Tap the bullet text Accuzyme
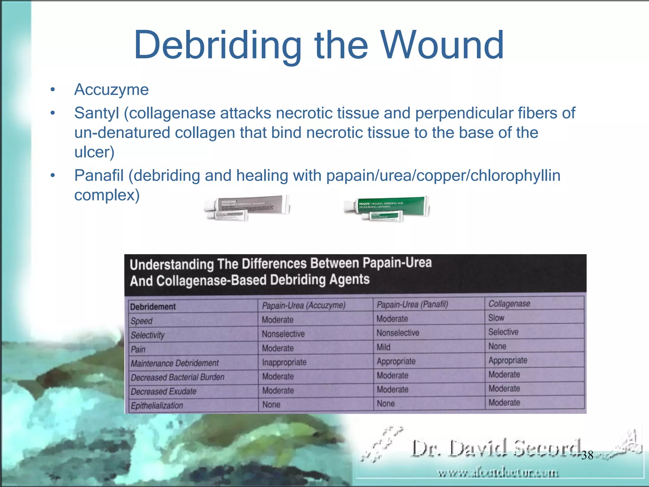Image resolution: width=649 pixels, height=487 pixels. [x=111, y=90]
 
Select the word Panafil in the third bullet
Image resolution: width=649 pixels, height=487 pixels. [x=99, y=176]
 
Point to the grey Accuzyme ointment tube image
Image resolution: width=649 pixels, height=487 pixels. [x=247, y=208]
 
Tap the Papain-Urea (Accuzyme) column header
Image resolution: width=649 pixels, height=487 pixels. [x=304, y=305]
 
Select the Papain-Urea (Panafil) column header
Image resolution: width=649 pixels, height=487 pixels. [x=412, y=305]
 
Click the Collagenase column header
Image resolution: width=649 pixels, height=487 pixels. [x=509, y=304]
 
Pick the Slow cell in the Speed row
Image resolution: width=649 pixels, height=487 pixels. [x=496, y=318]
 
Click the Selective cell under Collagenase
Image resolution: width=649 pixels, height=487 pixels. [x=503, y=332]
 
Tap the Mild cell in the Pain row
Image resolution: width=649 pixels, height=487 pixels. [x=383, y=347]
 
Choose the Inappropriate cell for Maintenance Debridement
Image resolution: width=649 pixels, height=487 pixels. [x=284, y=362]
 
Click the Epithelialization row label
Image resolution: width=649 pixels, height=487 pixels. [x=157, y=406]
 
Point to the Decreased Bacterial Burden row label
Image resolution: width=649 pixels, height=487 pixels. [x=177, y=377]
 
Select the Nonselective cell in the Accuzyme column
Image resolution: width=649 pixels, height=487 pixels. [x=283, y=334]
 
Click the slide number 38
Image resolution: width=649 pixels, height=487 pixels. [x=587, y=455]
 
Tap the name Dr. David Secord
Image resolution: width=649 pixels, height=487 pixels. [x=496, y=449]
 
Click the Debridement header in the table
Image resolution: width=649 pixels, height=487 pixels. [x=153, y=307]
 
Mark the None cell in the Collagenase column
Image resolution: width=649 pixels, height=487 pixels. [x=497, y=346]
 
